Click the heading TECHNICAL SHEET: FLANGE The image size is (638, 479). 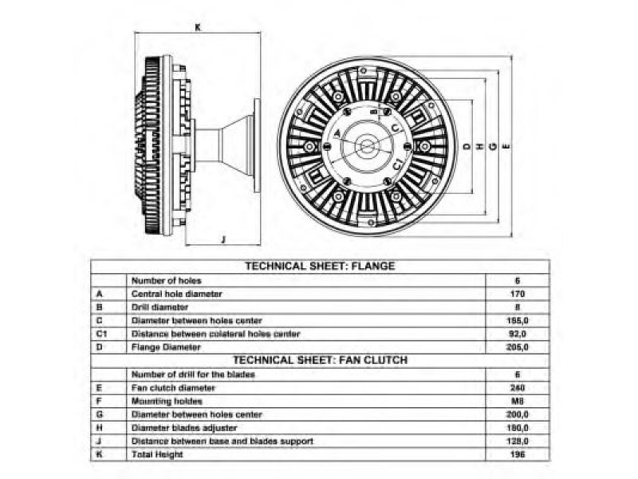(319, 266)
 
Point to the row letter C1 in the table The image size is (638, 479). (100, 334)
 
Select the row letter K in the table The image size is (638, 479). (98, 454)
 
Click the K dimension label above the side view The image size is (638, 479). (197, 27)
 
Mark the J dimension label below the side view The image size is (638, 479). (223, 239)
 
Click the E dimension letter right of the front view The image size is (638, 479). (507, 147)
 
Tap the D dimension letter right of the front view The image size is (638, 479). (466, 147)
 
